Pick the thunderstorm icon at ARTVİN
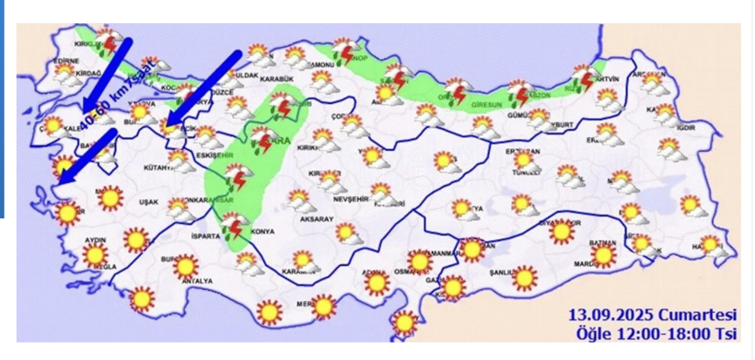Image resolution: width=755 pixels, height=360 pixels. click(x=582, y=78)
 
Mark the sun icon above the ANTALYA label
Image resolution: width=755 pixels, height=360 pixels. click(x=187, y=265)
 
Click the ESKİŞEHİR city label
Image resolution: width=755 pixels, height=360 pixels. click(x=215, y=156)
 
